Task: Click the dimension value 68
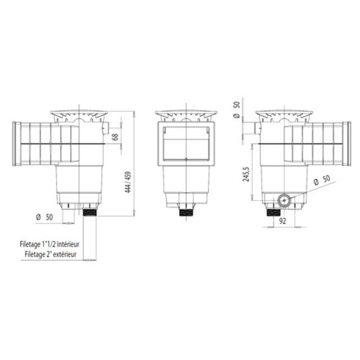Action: (x=115, y=137)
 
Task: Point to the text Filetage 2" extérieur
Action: (x=54, y=254)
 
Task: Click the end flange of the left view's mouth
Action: (x=17, y=145)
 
